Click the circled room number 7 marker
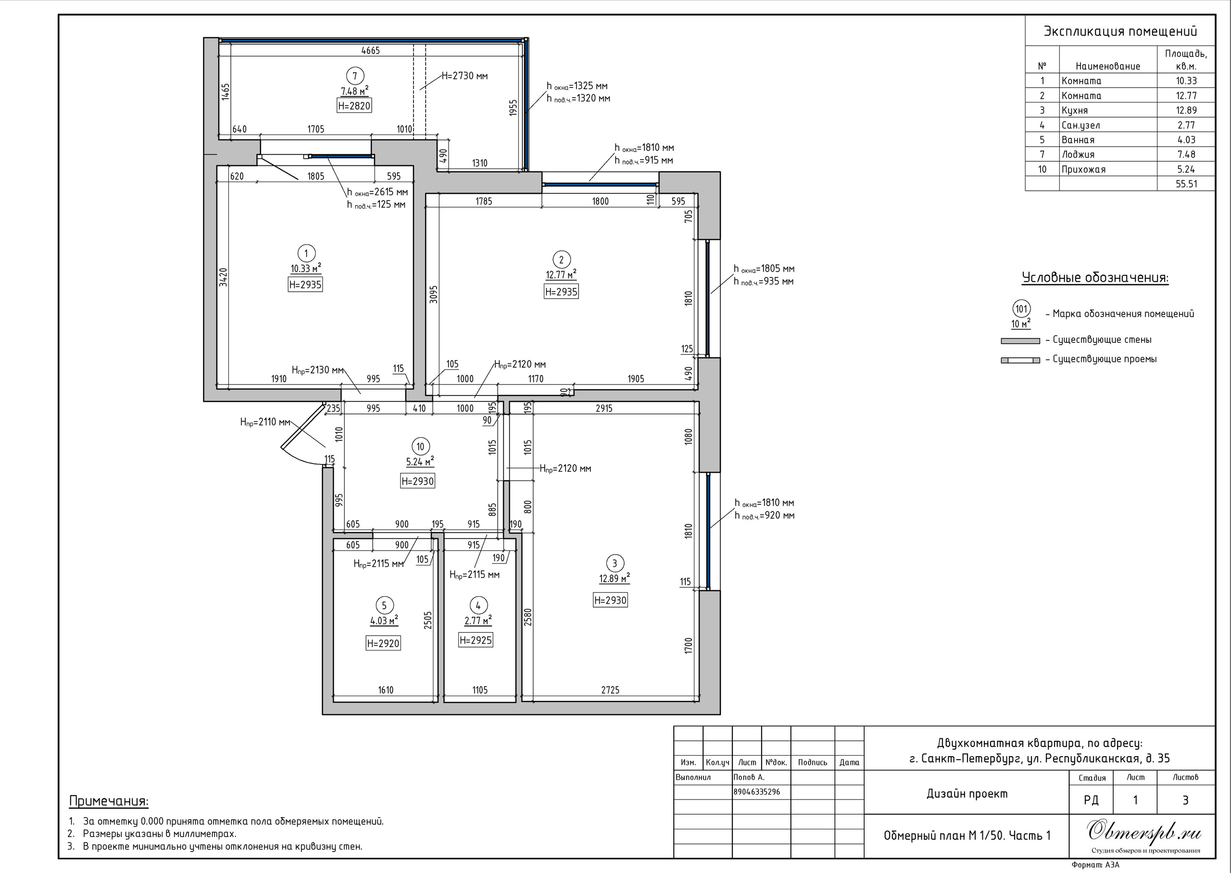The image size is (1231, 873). (x=354, y=76)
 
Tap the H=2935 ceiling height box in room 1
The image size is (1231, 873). (x=305, y=285)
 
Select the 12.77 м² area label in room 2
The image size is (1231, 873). (x=561, y=274)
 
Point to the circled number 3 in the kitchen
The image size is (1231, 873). (x=615, y=563)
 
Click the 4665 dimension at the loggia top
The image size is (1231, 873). (x=370, y=50)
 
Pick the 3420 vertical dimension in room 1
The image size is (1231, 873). (x=224, y=277)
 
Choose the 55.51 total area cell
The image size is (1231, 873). (x=1186, y=184)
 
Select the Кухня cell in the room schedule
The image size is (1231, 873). (x=1075, y=110)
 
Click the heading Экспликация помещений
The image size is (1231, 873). (x=1120, y=32)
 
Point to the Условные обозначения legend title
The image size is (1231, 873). (x=1095, y=278)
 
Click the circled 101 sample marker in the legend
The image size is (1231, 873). (x=1021, y=309)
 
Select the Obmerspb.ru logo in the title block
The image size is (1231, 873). (x=1144, y=832)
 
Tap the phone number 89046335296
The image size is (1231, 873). (x=757, y=792)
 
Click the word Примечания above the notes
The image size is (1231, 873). (x=109, y=801)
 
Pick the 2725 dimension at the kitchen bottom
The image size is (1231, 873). (x=610, y=690)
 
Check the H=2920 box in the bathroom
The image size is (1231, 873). (x=383, y=644)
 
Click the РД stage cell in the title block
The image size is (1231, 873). (x=1091, y=800)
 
